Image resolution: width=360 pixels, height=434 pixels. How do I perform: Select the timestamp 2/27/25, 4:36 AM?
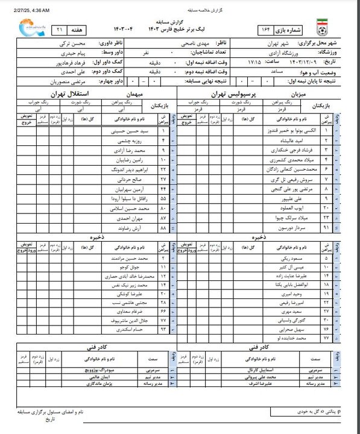tap(30, 10)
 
